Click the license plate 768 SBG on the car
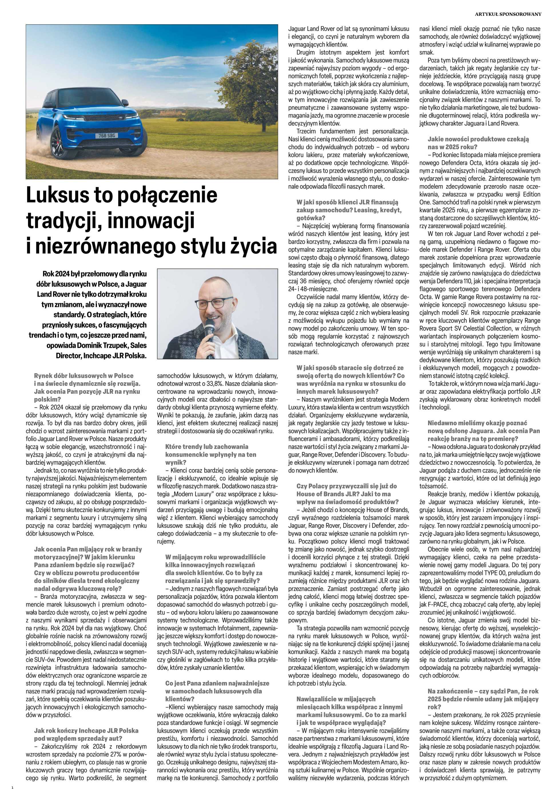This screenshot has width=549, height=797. pos(106,136)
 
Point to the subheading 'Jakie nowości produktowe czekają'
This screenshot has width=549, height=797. pos(478,139)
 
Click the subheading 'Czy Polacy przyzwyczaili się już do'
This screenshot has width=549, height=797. pos(346,486)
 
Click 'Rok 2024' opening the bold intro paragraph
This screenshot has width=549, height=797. pos(54,274)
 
